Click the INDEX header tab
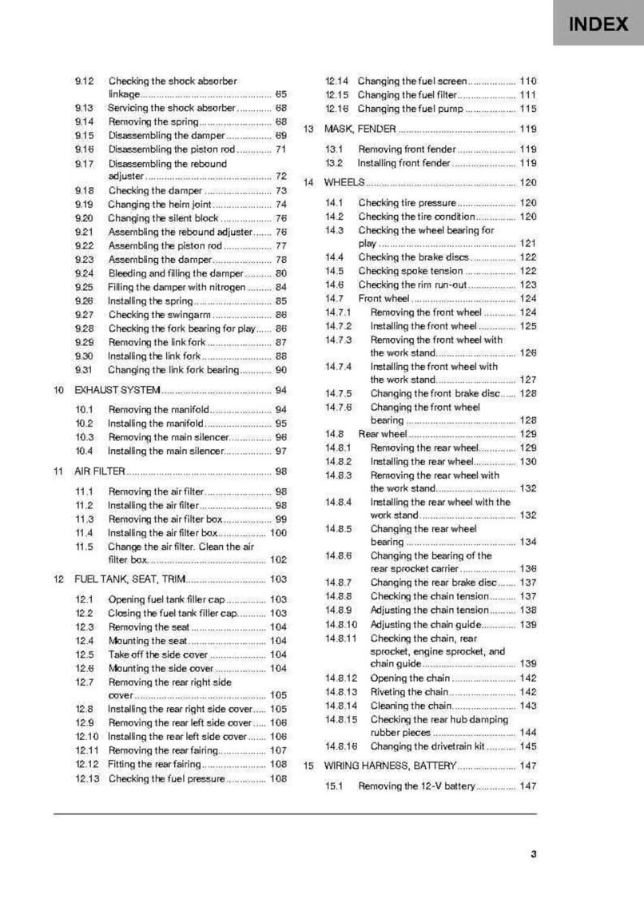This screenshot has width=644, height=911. click(x=598, y=24)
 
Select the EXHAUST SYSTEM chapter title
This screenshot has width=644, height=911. click(x=117, y=391)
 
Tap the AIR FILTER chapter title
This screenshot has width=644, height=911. click(x=99, y=471)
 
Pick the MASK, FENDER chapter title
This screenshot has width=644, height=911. click(x=360, y=129)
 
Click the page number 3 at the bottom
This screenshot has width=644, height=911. click(x=533, y=854)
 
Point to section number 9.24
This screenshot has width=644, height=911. click(x=85, y=273)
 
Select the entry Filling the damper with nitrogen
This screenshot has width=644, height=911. click(x=177, y=287)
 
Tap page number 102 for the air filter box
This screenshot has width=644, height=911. click(x=278, y=560)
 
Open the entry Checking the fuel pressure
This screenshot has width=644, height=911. click(x=166, y=778)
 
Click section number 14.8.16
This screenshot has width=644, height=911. click(x=341, y=746)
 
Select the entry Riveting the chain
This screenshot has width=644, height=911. click(x=408, y=692)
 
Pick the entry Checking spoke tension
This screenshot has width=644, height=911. click(x=410, y=271)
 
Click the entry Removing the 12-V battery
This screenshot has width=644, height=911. click(x=416, y=786)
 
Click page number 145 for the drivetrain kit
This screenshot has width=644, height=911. click(x=527, y=746)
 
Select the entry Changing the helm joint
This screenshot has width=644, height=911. click(x=159, y=205)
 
